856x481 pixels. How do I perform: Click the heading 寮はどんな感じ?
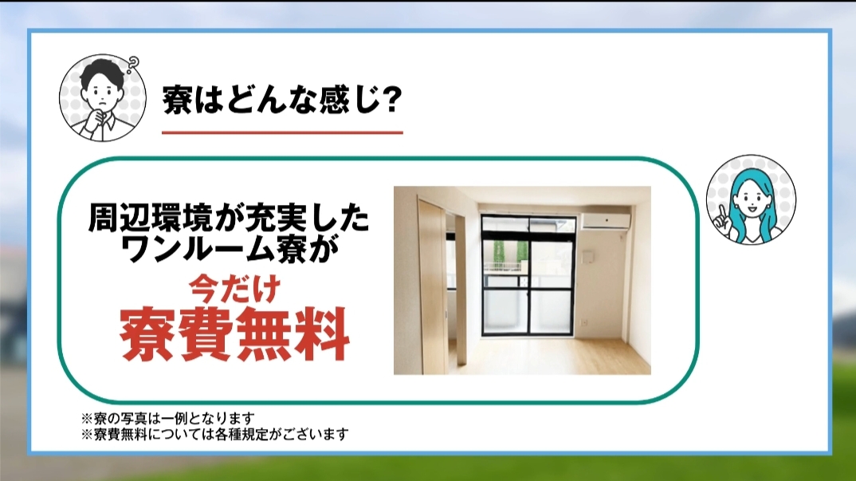(x=282, y=99)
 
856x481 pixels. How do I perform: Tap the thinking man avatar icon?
(x=103, y=98)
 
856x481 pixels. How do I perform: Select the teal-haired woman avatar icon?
(x=751, y=199)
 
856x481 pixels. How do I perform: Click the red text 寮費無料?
(x=235, y=334)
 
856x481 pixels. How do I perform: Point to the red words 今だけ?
(x=235, y=290)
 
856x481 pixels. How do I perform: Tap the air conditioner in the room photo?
(x=606, y=221)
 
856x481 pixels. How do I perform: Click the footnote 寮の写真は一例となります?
(x=168, y=419)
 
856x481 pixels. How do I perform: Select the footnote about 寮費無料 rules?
(x=214, y=435)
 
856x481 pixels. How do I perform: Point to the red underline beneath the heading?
(x=282, y=132)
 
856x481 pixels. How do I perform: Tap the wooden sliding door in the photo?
(x=432, y=287)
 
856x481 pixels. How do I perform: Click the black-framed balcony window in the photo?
(x=528, y=275)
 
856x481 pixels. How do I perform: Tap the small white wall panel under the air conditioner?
(x=589, y=256)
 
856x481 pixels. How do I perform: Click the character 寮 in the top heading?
(x=176, y=99)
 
